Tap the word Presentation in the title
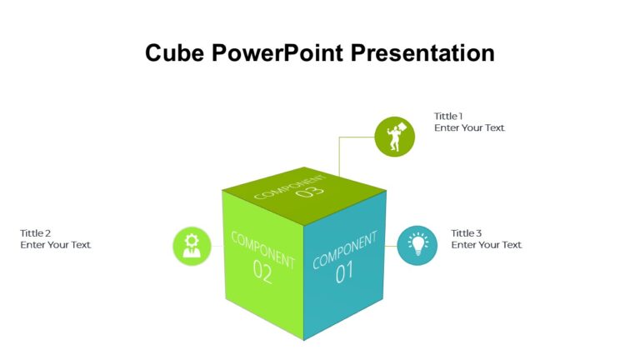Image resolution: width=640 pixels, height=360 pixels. click(422, 53)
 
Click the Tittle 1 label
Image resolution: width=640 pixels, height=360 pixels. click(448, 117)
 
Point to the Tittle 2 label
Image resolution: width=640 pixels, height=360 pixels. click(36, 233)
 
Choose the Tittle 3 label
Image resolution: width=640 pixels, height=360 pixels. click(467, 233)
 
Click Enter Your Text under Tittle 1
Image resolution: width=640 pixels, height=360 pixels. click(469, 128)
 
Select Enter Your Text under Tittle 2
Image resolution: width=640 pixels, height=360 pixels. click(56, 245)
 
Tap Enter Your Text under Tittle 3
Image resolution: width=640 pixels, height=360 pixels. click(486, 245)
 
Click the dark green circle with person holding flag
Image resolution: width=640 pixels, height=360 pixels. click(395, 137)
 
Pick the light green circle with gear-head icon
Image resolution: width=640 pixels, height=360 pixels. click(192, 246)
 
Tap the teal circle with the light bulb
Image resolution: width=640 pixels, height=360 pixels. click(417, 245)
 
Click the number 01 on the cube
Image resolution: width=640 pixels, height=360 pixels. click(344, 272)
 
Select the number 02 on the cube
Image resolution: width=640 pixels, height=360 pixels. click(262, 272)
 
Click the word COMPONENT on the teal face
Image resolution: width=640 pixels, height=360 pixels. click(344, 251)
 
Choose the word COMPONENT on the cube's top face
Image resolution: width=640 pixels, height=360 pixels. click(289, 187)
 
